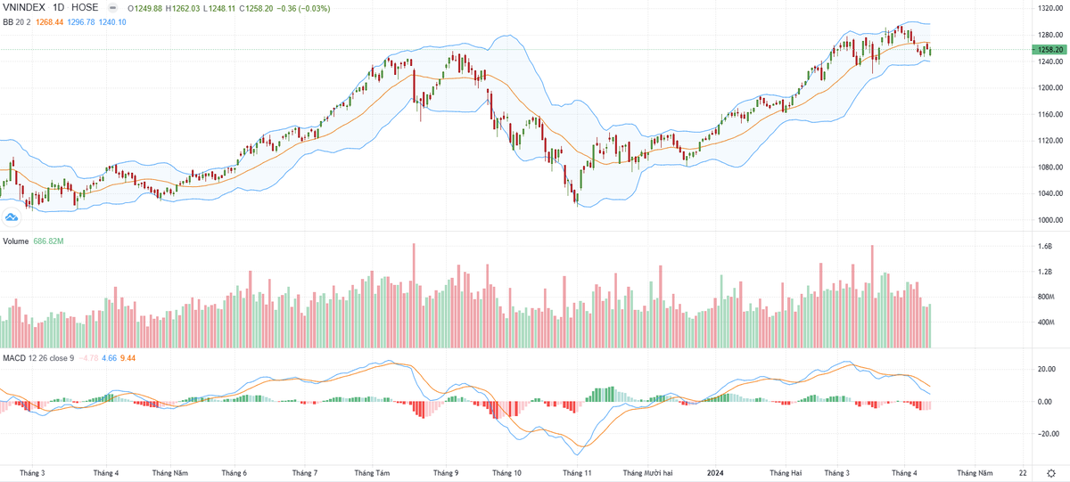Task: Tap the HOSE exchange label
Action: click(x=85, y=7)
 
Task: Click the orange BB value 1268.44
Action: click(x=48, y=21)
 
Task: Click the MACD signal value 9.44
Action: click(x=127, y=358)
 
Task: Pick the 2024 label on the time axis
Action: click(x=714, y=472)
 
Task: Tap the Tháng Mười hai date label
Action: click(x=647, y=472)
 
